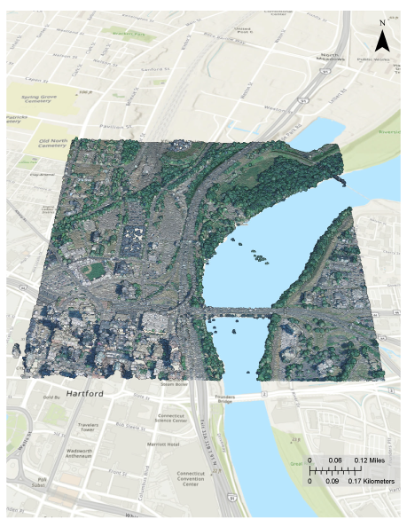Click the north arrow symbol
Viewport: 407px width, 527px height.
[382, 37]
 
